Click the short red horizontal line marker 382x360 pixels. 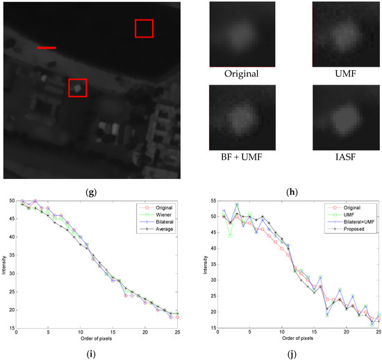pyautogui.click(x=47, y=49)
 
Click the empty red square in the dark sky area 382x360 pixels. pyautogui.click(x=144, y=28)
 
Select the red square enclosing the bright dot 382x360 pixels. pyautogui.click(x=78, y=87)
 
